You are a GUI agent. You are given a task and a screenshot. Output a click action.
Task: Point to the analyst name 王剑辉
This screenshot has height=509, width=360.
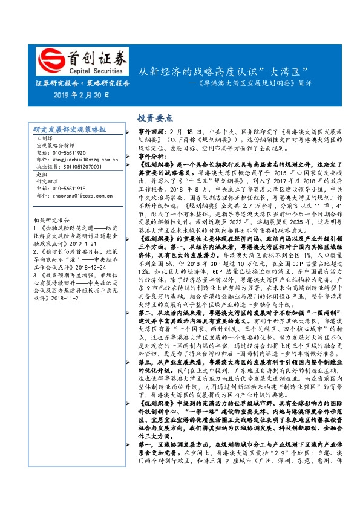point(45,140)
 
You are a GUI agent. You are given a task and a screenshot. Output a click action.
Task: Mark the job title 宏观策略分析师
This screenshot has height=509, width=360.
point(55,146)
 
